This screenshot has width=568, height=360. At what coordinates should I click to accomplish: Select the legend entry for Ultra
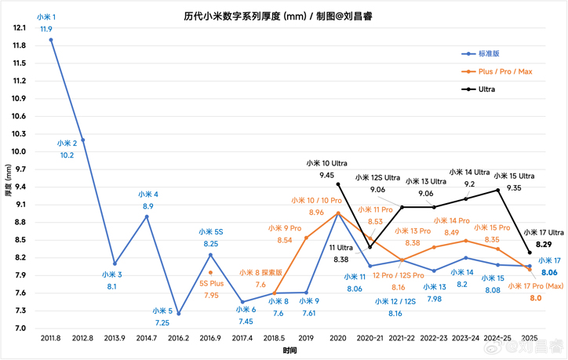[486, 89]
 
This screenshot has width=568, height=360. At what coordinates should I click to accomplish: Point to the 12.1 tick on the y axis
[20, 27]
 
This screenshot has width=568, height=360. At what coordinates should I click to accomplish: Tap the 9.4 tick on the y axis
[20, 187]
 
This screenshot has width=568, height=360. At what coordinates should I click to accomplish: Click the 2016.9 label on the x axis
[210, 339]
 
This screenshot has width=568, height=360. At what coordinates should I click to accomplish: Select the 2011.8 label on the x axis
[51, 339]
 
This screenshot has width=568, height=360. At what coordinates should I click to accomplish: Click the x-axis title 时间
[290, 351]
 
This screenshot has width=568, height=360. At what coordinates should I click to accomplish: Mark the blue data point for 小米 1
[51, 39]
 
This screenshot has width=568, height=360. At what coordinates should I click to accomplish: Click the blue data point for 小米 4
[147, 216]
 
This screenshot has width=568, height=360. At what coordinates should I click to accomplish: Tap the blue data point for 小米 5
[179, 314]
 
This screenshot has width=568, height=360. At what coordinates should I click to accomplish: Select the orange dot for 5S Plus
[210, 273]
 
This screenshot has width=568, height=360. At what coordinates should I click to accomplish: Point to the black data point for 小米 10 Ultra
[338, 184]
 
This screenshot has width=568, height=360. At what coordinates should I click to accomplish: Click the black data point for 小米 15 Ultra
[497, 190]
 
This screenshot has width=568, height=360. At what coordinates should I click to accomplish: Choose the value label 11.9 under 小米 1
[46, 29]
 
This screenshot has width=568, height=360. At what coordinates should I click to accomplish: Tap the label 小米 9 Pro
[284, 228]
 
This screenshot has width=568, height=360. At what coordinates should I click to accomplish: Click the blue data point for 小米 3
[115, 264]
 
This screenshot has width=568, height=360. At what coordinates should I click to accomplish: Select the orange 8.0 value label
[535, 298]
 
